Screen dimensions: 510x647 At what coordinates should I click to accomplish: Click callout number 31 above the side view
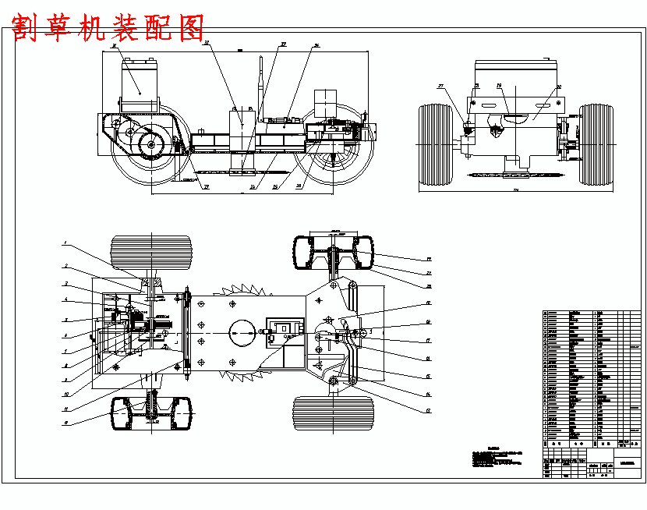coord(207,44)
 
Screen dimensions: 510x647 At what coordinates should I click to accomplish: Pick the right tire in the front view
coord(597,145)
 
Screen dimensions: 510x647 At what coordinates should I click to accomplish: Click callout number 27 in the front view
coord(440,86)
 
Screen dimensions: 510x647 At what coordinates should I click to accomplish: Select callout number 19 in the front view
coord(499,86)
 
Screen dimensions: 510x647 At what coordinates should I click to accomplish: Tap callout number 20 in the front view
coord(558,88)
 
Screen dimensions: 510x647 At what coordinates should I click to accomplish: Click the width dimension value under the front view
coord(515,190)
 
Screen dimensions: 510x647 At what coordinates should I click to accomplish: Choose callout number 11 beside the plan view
coord(65,408)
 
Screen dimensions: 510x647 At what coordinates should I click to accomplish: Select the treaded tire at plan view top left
coord(151,253)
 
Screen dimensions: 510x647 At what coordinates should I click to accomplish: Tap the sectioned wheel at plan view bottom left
coord(151,413)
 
